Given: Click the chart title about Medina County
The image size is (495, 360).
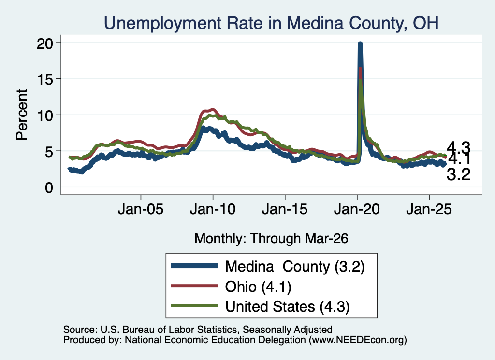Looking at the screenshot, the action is (x=271, y=23).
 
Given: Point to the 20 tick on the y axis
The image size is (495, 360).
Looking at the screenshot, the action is (x=45, y=43).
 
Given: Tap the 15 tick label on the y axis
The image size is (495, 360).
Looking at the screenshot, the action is (x=45, y=79).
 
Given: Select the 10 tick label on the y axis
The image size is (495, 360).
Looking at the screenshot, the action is (x=45, y=115).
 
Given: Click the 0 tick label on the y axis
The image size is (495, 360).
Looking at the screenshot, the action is (x=49, y=187).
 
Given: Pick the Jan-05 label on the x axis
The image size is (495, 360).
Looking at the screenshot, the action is (x=141, y=209).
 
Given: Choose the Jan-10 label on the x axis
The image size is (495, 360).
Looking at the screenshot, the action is (x=213, y=209).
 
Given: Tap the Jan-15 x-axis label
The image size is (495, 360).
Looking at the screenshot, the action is (x=285, y=209).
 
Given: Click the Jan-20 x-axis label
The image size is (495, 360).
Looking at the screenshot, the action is (x=357, y=209).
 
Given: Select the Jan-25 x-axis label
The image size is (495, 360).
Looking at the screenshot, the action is (x=429, y=209).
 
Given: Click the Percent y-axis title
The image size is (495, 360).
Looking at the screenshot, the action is (x=22, y=115).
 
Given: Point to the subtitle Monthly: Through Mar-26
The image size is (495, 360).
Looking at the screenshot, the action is (x=271, y=238).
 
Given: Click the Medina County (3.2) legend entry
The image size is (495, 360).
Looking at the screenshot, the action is (x=268, y=266).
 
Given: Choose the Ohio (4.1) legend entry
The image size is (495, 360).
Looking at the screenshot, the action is (x=231, y=287).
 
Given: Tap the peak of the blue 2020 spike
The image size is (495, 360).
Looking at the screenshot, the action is (x=360, y=43).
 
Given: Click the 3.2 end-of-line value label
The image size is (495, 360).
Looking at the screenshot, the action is (x=458, y=174).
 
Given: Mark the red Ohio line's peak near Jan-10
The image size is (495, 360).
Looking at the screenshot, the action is (x=213, y=110).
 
